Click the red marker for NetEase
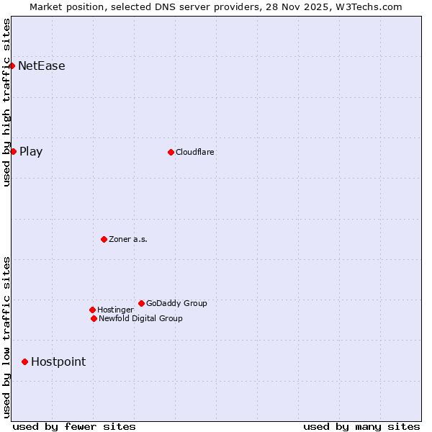pos(12,66)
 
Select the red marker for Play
pos(13,151)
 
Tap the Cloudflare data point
pos(171,152)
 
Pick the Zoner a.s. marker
pos(104,239)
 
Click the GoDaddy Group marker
pos(141,303)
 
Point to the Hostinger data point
pos(92,310)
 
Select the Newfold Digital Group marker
pos(94,318)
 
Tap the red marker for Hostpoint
pos(24,361)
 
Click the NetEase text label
pos(42,66)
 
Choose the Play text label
pos(31,152)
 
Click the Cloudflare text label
pos(195,152)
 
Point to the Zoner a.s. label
pos(128,239)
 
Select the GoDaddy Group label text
pos(176,303)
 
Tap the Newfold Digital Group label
pos(140,318)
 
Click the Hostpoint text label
pos(58,362)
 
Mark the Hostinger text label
pos(115,310)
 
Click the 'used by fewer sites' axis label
pos(74,426)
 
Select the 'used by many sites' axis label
pos(361,426)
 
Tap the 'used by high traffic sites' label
pos(6,102)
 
